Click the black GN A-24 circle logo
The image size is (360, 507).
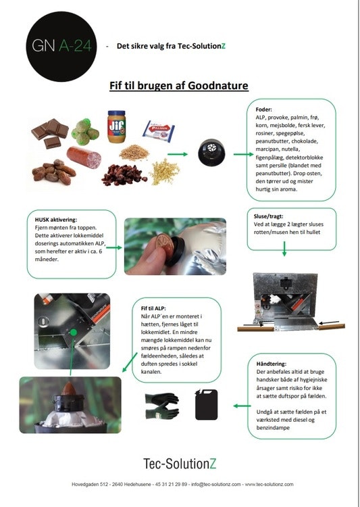click(x=61, y=46)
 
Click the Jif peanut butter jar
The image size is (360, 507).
click(x=116, y=127)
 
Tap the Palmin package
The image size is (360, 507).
click(x=159, y=131)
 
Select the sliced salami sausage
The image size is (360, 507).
click(x=84, y=157)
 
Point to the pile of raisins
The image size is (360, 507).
click(x=124, y=175)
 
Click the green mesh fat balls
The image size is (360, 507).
click(x=84, y=132)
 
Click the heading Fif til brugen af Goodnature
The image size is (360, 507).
click(x=179, y=86)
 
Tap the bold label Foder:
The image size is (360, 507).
click(x=263, y=110)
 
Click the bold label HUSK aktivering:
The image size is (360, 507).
click(x=56, y=220)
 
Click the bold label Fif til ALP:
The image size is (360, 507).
click(x=153, y=308)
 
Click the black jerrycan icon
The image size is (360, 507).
click(x=206, y=404)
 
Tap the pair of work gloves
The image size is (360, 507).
click(x=162, y=406)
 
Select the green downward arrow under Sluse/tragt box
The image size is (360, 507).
click(x=284, y=249)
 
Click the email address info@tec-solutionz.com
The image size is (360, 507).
click(x=216, y=485)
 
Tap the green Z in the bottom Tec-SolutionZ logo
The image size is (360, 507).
click(x=213, y=464)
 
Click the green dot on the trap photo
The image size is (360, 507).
click(x=74, y=333)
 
